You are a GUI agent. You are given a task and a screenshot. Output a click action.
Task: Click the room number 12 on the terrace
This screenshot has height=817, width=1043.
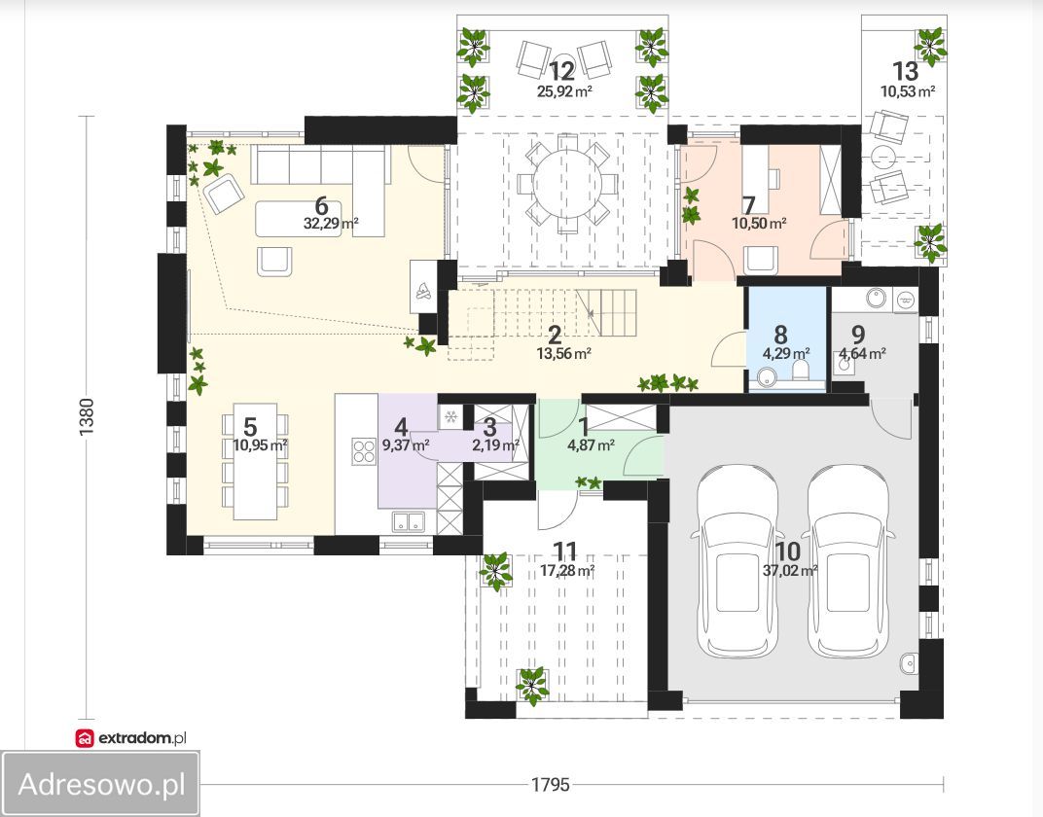[561, 70]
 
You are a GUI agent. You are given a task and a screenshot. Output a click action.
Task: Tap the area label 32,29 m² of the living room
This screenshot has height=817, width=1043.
[331, 224]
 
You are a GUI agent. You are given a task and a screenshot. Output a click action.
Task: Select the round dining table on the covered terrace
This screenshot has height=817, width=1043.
[566, 184]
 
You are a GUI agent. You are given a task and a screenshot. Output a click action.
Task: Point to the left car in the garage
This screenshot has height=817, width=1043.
[737, 560]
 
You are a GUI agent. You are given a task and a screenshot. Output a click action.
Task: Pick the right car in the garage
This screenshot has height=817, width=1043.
[847, 560]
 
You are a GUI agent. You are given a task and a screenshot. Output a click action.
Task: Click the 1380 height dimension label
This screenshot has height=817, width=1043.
[88, 417]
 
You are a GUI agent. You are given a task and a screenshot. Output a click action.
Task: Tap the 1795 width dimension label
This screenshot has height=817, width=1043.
[550, 785]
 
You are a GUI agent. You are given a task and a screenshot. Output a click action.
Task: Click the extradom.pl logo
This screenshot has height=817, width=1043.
[131, 737]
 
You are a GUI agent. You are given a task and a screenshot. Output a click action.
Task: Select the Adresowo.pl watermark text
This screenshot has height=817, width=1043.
[101, 784]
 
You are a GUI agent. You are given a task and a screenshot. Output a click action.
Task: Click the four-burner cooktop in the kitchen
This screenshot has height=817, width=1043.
[364, 451]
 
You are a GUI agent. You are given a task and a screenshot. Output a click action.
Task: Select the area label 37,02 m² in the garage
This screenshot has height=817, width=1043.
[790, 570]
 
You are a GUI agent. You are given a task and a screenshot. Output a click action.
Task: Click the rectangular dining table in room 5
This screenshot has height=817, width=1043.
[255, 461]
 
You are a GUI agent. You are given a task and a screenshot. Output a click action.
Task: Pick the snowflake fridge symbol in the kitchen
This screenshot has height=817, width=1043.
[450, 417]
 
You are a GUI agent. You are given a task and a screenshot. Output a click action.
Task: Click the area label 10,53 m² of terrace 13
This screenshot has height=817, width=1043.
[908, 91]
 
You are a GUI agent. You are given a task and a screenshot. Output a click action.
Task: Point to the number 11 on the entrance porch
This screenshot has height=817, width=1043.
[565, 551]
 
